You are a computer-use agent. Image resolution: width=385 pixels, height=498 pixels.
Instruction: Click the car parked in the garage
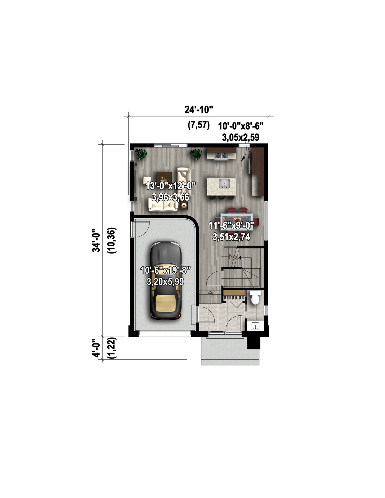[x=166, y=281]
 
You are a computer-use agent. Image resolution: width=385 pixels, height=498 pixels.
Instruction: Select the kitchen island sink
[x=224, y=184]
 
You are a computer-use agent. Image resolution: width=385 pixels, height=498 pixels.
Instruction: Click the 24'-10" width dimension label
[x=199, y=110]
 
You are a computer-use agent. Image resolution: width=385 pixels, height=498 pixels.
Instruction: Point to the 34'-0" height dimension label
[x=96, y=240]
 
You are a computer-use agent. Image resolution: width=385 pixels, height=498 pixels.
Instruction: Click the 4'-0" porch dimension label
[x=96, y=348]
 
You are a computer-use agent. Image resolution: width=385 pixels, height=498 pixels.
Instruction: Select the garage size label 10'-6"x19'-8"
[x=166, y=270]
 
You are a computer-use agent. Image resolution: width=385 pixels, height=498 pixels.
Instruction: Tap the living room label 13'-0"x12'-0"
[x=170, y=186]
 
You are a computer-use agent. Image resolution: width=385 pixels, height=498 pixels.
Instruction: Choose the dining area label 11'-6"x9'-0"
[x=231, y=225]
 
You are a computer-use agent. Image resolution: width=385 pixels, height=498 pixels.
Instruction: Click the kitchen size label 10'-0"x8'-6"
[x=241, y=126]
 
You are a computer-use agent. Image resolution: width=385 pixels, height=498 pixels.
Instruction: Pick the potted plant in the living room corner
[x=141, y=154]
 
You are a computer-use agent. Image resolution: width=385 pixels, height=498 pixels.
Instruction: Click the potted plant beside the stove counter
[x=196, y=154]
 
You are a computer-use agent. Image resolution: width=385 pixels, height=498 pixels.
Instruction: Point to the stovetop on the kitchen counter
[x=222, y=156]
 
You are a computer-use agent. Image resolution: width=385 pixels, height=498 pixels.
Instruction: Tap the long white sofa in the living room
[x=163, y=205]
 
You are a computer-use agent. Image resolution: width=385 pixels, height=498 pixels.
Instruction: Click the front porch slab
[x=230, y=351]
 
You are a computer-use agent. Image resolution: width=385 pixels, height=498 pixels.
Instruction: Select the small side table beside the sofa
[x=184, y=206]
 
